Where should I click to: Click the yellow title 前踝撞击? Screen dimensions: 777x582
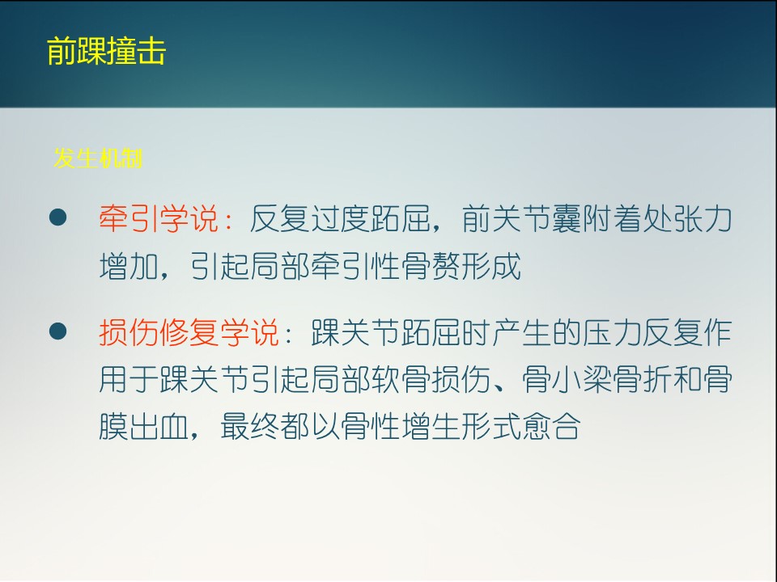point(106,51)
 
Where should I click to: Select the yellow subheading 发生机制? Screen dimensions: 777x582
point(98,158)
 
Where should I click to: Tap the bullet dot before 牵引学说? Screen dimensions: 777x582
point(58,217)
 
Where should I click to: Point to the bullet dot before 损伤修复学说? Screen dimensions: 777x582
point(58,331)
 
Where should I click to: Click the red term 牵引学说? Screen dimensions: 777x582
point(159,218)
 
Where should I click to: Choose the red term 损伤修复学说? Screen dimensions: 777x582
point(189,332)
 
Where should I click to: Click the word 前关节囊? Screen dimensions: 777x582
point(522,218)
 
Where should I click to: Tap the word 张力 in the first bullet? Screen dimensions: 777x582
point(703,218)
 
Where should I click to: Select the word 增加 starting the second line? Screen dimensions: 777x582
point(129,266)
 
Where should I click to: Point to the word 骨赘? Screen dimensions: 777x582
point(431,266)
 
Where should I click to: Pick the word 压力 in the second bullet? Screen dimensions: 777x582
point(613,332)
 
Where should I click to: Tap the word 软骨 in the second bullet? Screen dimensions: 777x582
point(401,380)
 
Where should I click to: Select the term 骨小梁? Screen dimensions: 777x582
point(567,380)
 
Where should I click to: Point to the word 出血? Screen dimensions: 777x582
point(159,427)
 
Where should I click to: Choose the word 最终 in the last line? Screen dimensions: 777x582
point(250,427)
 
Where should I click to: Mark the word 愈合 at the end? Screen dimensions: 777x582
point(551,427)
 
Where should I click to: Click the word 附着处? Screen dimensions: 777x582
point(627,218)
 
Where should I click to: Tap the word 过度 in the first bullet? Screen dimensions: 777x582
point(341,218)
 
